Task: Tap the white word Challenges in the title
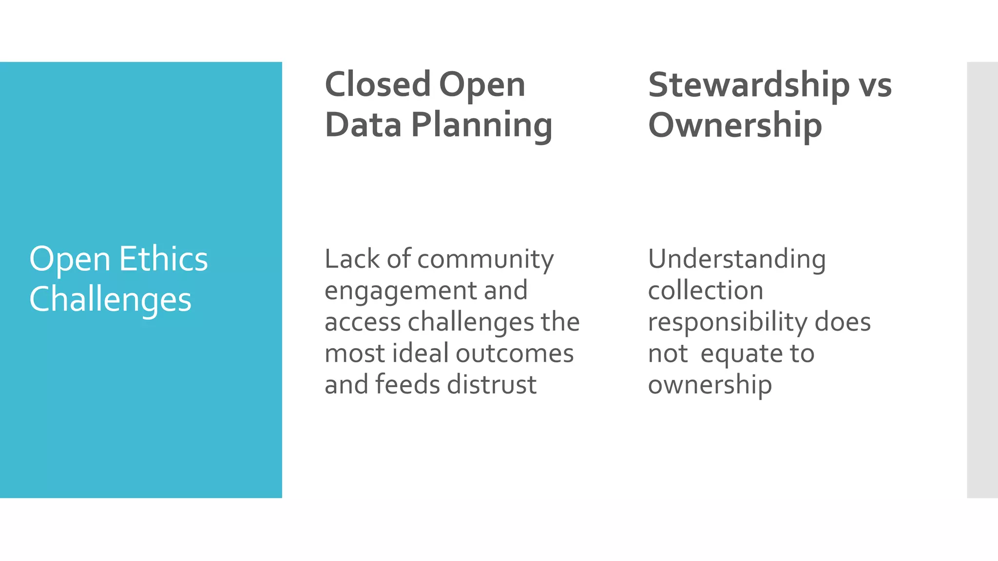point(110,299)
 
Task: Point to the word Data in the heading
point(363,125)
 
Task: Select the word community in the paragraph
point(485,260)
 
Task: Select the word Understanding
point(737,260)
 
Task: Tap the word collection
point(706,291)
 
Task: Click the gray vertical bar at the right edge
point(982,280)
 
